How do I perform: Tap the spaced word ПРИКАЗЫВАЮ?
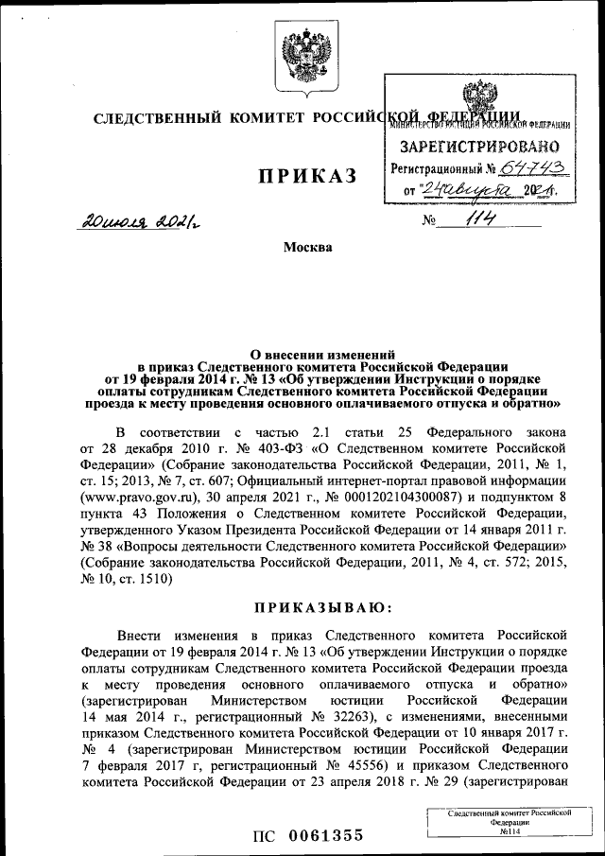302,605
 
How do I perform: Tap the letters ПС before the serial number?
263,834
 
